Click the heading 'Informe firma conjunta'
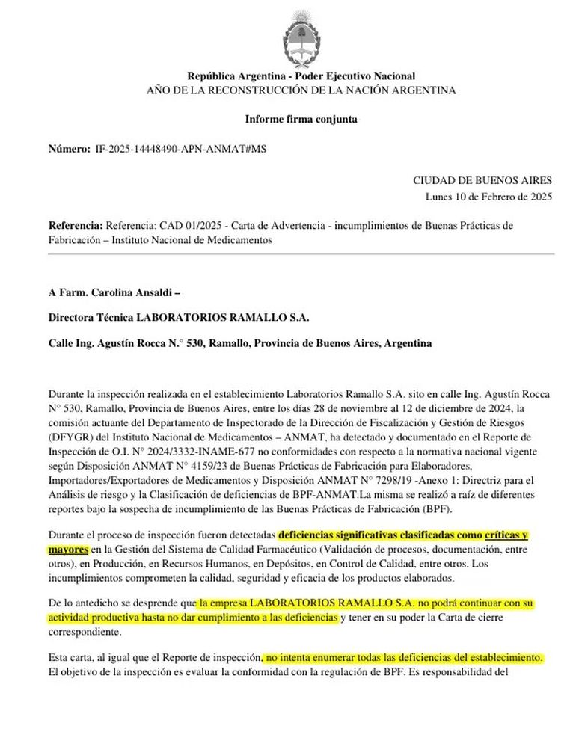pyautogui.click(x=301, y=119)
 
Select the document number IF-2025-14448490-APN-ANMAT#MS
pyautogui.click(x=180, y=149)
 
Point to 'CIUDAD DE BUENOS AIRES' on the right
pyautogui.click(x=482, y=180)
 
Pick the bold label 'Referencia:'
pyautogui.click(x=76, y=225)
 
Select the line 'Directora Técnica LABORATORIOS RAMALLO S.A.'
pyautogui.click(x=178, y=317)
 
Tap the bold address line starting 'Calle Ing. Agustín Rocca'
pyautogui.click(x=239, y=343)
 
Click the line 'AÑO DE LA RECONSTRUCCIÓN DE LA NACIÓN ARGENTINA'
pyautogui.click(x=301, y=90)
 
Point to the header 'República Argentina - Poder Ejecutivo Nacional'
pyautogui.click(x=301, y=76)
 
